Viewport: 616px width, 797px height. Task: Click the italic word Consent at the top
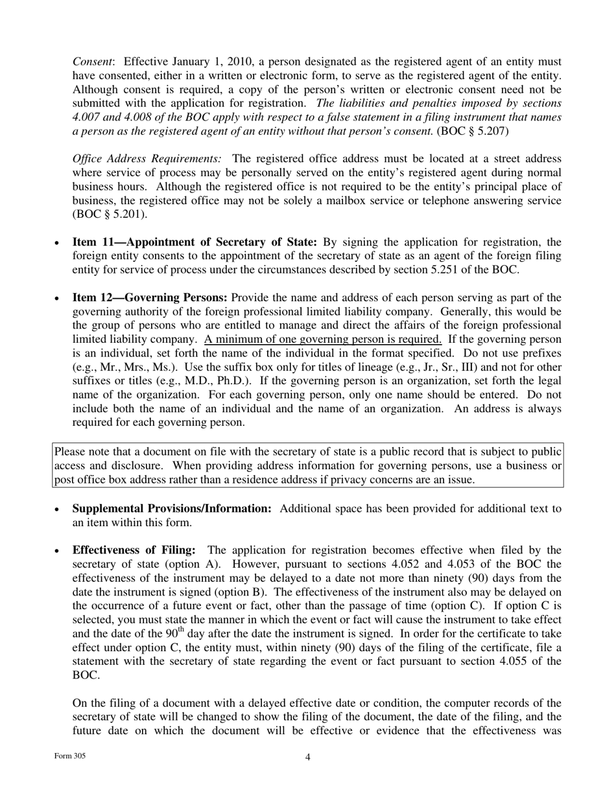(93, 62)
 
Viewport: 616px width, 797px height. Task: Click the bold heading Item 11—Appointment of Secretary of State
(195, 242)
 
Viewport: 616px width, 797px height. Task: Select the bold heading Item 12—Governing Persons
(150, 298)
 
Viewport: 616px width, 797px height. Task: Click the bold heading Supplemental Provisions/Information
(172, 509)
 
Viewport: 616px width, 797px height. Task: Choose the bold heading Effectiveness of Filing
(134, 550)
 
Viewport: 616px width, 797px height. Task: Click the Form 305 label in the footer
(70, 756)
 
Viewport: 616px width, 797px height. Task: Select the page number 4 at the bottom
(308, 757)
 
